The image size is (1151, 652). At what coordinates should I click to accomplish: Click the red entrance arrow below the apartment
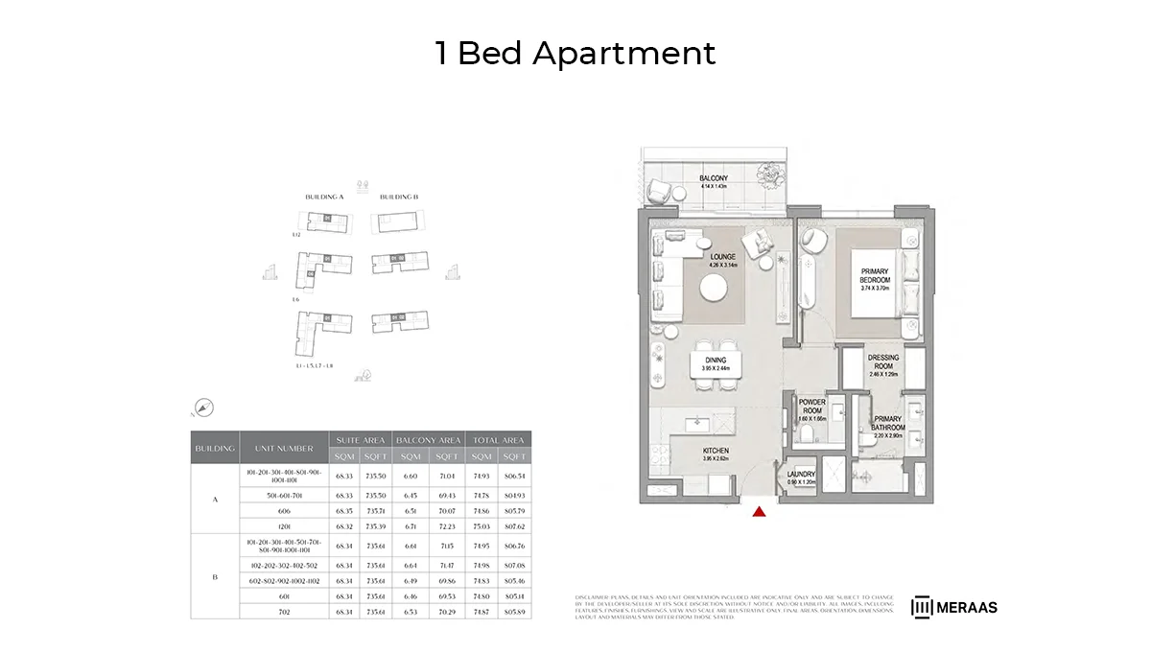[759, 511]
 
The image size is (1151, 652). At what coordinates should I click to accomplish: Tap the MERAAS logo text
[966, 607]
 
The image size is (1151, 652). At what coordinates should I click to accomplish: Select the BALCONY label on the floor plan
[713, 179]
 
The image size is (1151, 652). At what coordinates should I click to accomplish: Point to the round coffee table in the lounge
[713, 288]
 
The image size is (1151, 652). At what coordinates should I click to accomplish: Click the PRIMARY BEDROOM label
[876, 276]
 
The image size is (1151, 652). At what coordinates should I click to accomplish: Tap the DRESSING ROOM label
[883, 361]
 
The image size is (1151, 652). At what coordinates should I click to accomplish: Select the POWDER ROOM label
[812, 407]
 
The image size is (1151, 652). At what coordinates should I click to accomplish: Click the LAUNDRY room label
[801, 475]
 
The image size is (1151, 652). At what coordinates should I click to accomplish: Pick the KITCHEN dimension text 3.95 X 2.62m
[716, 458]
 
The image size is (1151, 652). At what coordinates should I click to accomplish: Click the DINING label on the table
[716, 361]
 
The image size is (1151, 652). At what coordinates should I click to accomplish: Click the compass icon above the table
[203, 407]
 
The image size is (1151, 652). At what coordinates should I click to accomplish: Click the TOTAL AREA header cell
[499, 439]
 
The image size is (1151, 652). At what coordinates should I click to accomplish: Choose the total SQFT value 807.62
[514, 526]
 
